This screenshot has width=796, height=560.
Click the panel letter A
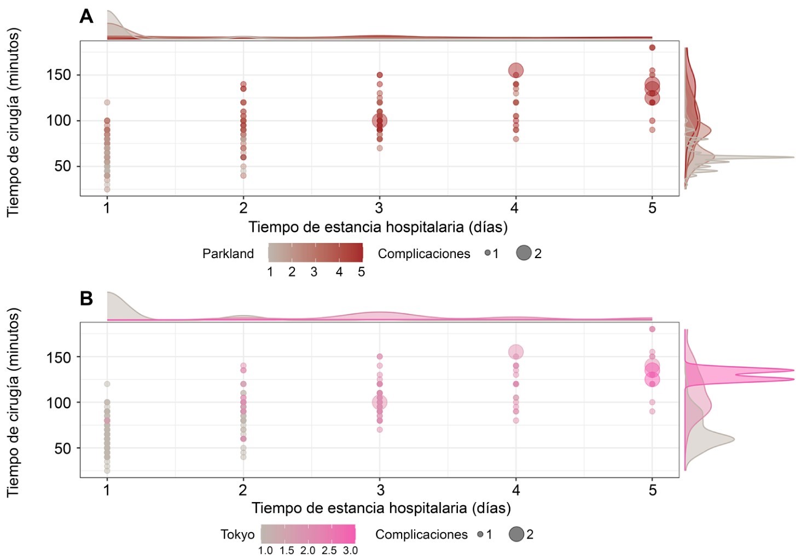click(86, 16)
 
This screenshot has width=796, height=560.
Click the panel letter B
click(86, 299)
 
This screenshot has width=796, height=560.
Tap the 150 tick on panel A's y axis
click(59, 75)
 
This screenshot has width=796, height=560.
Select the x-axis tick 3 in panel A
click(379, 208)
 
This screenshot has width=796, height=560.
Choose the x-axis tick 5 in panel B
click(652, 490)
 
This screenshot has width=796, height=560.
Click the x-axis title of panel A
click(378, 227)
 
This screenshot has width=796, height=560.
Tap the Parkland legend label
click(228, 254)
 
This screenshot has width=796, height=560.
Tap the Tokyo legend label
click(237, 535)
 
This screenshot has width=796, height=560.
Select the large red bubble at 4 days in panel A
click(515, 71)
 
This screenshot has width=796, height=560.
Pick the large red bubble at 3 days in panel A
click(380, 121)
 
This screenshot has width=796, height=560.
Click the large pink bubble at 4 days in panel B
click(515, 352)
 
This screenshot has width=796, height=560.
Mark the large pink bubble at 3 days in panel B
click(380, 402)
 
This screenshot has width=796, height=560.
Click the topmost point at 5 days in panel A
click(652, 48)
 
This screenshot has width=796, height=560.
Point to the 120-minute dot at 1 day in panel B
click(107, 384)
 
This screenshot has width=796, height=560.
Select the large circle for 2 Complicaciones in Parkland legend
click(524, 253)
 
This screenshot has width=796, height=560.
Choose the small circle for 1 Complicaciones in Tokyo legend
click(480, 534)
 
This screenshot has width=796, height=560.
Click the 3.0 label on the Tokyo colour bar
click(350, 551)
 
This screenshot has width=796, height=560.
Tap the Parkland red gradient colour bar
click(315, 253)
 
